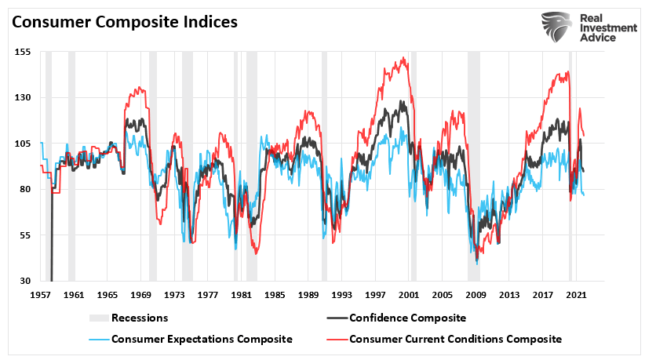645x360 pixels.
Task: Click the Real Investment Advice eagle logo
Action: [x=556, y=27]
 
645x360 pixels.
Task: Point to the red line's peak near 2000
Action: [x=403, y=58]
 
